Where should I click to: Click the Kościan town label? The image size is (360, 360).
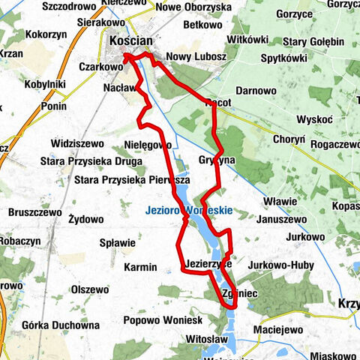point(133,42)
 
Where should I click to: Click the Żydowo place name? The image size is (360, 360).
point(85,220)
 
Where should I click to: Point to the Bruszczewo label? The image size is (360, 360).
point(34,212)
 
